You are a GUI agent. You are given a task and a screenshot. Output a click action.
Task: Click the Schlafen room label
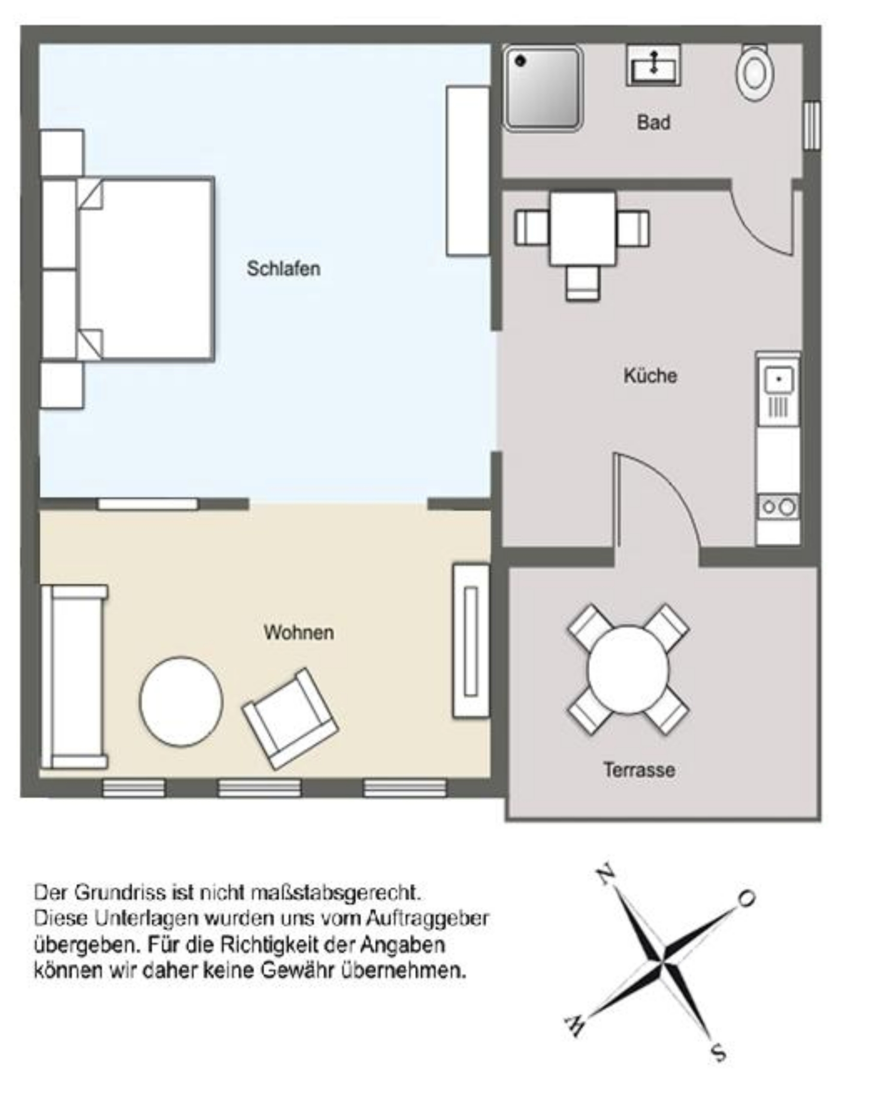click(284, 268)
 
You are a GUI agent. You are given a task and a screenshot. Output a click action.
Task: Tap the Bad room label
click(653, 122)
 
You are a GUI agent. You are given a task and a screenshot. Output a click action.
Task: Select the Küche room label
click(649, 375)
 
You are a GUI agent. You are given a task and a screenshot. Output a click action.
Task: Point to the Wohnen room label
click(299, 632)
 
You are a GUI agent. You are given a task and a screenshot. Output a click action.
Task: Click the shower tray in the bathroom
click(543, 88)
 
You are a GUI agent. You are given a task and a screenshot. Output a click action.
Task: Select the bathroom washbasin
click(653, 65)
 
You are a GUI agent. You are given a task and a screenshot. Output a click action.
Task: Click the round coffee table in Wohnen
click(181, 701)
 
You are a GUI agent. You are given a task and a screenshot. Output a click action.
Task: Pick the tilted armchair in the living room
click(290, 718)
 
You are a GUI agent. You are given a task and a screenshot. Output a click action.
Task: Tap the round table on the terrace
click(628, 670)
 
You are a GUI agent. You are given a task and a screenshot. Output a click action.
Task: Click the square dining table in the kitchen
click(583, 228)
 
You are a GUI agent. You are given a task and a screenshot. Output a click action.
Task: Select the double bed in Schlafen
click(145, 269)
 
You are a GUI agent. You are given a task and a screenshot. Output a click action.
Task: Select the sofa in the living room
click(74, 677)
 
